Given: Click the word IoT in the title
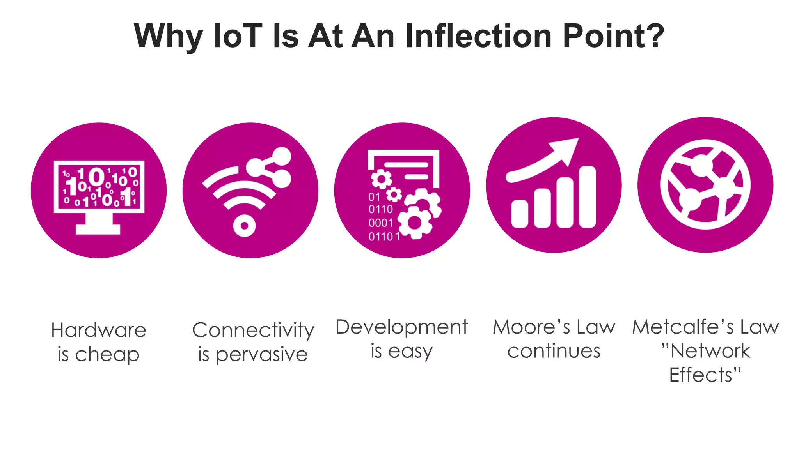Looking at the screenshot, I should [238, 36].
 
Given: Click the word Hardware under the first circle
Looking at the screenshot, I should [99, 330].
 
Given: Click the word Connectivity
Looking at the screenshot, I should [253, 331].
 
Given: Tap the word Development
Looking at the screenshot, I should [401, 327].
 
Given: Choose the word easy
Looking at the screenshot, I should [410, 352].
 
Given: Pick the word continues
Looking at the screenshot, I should [554, 351].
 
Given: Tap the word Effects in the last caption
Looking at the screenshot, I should [700, 375].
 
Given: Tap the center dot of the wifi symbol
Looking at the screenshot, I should [244, 226].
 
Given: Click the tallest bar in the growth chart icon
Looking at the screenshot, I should [587, 197].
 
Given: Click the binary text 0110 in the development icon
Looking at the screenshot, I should [380, 209].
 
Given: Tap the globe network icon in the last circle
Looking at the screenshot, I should [705, 185].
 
